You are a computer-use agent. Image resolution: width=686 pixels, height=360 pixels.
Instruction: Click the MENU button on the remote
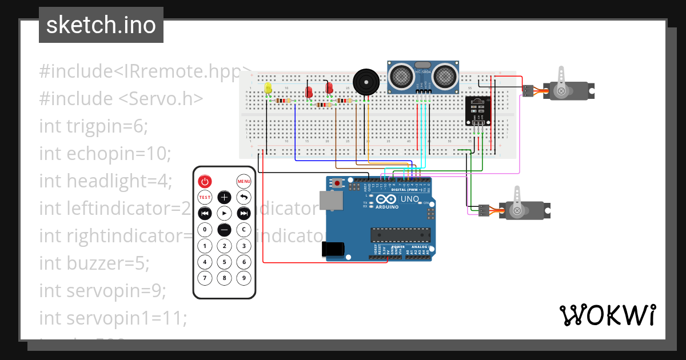tap(244, 182)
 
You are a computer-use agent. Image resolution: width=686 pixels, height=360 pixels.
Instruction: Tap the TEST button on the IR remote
tap(205, 197)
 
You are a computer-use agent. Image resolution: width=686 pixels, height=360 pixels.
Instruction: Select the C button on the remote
tap(244, 230)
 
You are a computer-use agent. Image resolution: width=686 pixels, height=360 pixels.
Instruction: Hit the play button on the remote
tap(224, 213)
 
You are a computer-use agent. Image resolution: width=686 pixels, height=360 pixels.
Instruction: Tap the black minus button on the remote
tap(224, 230)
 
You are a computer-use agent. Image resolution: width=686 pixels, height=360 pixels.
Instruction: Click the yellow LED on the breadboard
tap(268, 88)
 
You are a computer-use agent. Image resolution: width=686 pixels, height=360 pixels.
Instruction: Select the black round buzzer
tap(365, 82)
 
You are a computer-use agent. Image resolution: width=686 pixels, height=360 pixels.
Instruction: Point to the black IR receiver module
tap(477, 111)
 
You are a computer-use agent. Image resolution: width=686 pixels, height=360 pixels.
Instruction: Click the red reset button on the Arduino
tap(338, 183)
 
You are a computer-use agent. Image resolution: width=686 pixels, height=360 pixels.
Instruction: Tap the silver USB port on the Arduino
tap(331, 200)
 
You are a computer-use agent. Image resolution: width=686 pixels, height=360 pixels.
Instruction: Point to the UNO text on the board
tap(409, 199)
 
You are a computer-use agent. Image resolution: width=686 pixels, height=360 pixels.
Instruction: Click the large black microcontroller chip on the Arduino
tap(400, 234)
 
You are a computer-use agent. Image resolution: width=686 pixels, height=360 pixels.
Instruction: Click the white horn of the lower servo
tap(517, 201)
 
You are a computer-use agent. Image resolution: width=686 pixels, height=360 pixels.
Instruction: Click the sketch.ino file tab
tap(101, 25)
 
